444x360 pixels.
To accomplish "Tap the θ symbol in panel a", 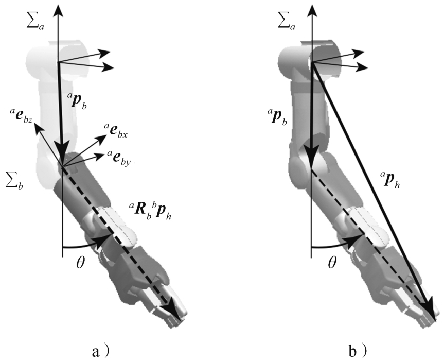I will [80, 262].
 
